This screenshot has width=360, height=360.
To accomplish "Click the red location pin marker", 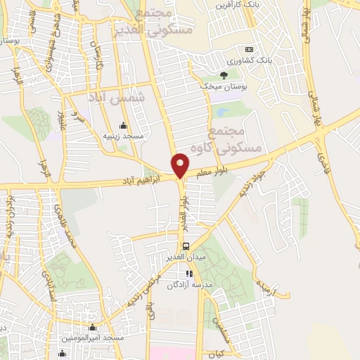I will coord(180,165).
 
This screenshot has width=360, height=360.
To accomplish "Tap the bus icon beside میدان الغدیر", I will coord(186,247).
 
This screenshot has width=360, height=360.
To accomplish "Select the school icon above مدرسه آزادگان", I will coord(188,274).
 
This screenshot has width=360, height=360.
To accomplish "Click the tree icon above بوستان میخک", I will coord(224,75).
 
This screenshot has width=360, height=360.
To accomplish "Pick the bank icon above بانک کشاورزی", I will coord(247,49).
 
